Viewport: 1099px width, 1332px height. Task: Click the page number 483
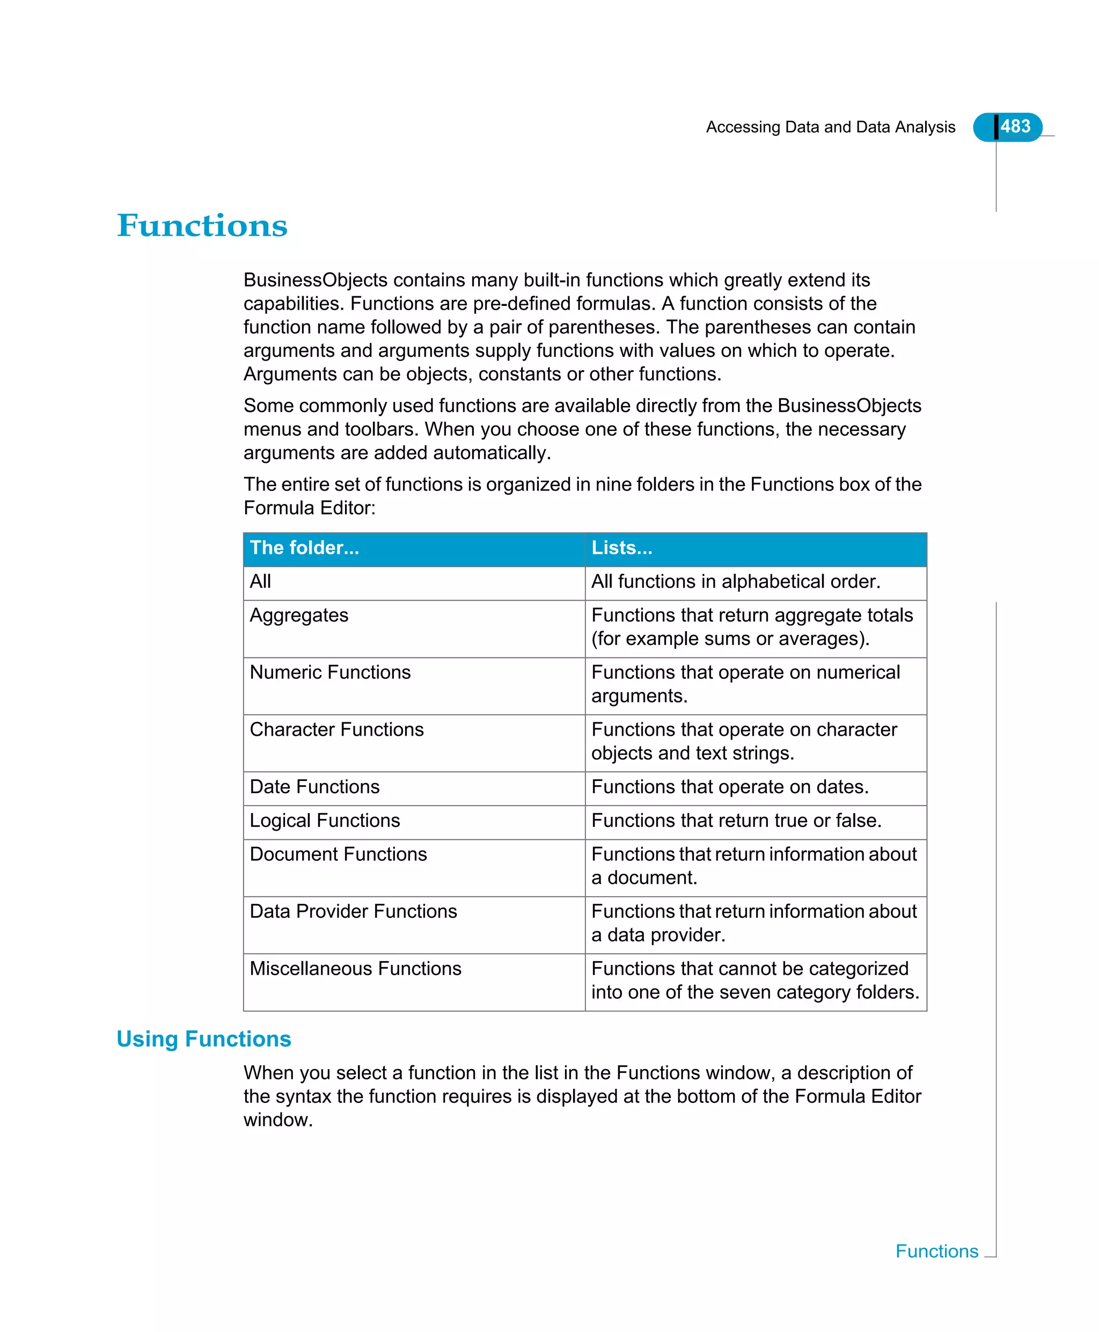(1015, 127)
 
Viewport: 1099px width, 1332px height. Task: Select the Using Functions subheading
(203, 1039)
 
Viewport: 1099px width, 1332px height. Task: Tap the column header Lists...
(621, 547)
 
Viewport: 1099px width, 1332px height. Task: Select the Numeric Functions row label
(330, 672)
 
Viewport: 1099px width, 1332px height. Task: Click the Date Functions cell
(314, 786)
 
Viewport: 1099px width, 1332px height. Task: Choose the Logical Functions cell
(325, 821)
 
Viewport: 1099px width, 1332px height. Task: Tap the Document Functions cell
(338, 854)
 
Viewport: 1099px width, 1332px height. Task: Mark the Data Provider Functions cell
(353, 911)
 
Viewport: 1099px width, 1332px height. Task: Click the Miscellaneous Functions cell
(355, 969)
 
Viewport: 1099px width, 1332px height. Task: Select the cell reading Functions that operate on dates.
(729, 786)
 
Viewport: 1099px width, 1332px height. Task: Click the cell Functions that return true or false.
(736, 821)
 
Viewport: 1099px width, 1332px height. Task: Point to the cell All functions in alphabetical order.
(735, 581)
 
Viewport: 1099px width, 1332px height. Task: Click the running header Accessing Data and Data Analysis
(830, 127)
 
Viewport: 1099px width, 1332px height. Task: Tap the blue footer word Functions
(936, 1251)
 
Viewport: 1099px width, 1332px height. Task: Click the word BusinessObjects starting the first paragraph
(316, 280)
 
